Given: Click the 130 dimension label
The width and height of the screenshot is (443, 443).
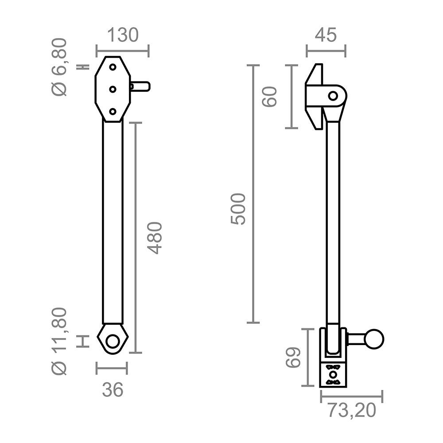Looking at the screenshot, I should point(122,35).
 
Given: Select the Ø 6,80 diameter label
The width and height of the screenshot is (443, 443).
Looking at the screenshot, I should point(60,67).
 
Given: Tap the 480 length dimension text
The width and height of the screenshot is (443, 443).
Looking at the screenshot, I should point(155,238).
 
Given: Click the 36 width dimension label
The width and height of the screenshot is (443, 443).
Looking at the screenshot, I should point(112,390).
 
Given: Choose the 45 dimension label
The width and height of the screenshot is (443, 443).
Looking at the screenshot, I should point(326,35).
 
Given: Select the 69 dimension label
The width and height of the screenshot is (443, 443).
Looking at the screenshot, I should point(293,358).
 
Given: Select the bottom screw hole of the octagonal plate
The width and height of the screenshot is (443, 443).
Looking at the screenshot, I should point(113,111).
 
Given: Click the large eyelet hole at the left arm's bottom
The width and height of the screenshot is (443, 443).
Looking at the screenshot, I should point(113,342).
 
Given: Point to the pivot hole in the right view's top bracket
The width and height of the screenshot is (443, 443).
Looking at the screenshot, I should point(333,95).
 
